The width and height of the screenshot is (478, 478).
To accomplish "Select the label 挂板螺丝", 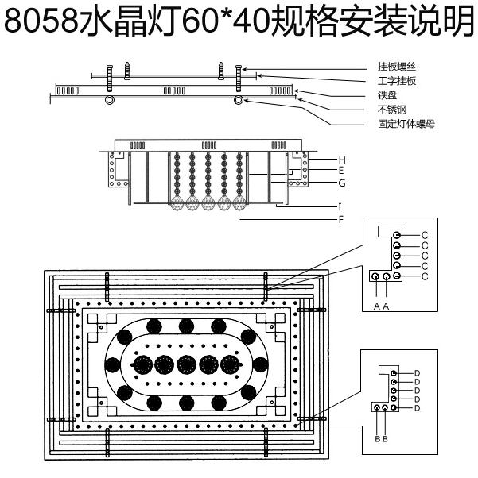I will (395, 67).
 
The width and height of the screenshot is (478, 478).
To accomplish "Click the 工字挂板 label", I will (395, 81).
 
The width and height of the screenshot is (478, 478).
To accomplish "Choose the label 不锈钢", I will (391, 110).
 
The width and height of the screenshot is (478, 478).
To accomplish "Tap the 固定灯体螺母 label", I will (406, 124).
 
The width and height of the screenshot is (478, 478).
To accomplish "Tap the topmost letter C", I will (425, 235).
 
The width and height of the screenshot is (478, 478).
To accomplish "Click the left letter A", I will (375, 305).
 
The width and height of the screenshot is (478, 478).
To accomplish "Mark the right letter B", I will (386, 438).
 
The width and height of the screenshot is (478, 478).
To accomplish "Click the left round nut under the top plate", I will (110, 101).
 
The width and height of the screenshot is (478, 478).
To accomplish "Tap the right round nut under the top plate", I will (237, 101).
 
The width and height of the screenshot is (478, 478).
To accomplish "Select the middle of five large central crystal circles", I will (187, 365).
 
